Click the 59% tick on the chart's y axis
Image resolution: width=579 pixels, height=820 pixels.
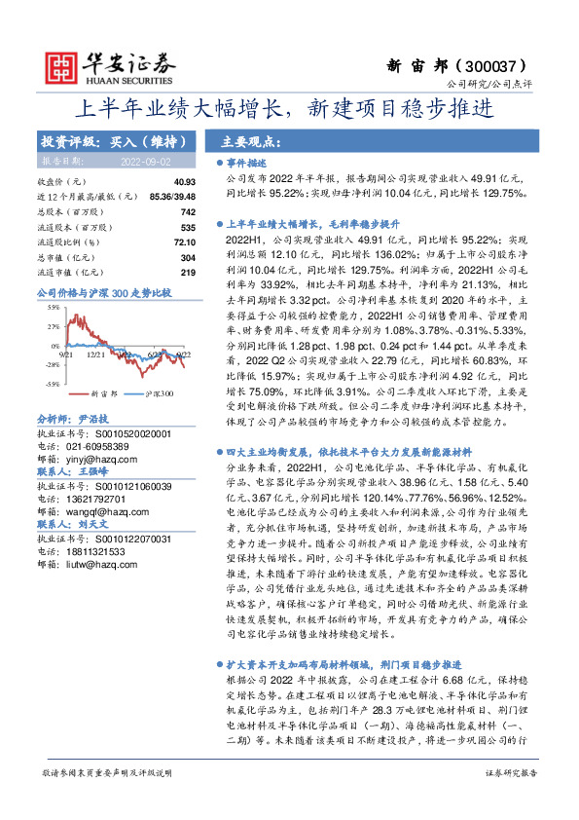point(49,307)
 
